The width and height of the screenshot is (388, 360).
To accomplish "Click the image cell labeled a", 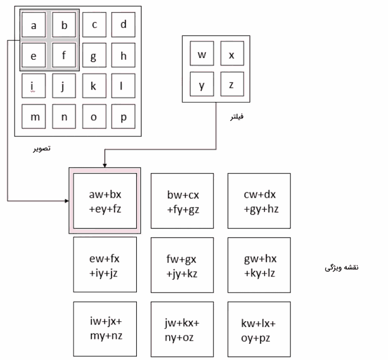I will pos(34,25).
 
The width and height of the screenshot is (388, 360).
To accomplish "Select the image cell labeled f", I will pos(64,55).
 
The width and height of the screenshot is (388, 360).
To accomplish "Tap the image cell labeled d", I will pos(123,25).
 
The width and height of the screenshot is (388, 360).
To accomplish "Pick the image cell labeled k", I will pos(94,86).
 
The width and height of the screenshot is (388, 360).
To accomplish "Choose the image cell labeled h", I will pos(123,55).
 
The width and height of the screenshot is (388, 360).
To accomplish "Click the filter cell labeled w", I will pos(202,55).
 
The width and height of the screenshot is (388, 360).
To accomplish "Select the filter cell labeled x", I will pos(232,55).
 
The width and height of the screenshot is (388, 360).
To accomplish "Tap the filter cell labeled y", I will pos(202,85).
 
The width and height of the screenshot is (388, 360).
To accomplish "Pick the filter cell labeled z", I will pos(232,85).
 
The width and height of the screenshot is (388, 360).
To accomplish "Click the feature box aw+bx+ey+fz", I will pos(105,200).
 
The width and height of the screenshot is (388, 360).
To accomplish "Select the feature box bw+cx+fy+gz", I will pos(182,200).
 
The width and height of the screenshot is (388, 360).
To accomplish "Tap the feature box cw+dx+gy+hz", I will pos(259,200).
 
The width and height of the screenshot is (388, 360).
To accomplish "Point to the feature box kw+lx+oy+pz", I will pos(259,329).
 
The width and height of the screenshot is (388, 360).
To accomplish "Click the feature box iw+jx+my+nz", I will pos(105,329).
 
